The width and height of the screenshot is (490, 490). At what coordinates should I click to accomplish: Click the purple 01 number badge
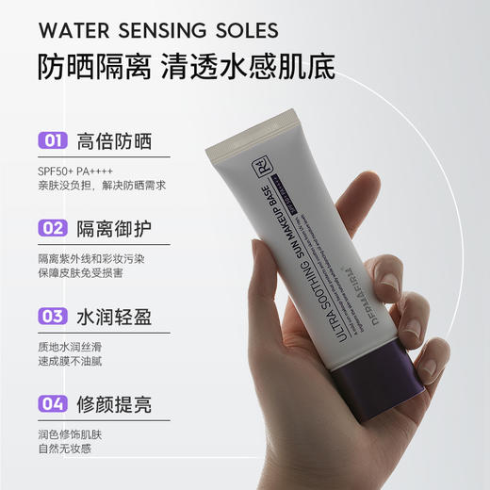(52, 142)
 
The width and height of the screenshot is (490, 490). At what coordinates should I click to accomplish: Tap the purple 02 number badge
(52, 228)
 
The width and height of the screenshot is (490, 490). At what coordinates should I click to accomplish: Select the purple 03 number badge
(52, 315)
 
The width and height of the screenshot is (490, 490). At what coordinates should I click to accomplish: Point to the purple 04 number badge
(52, 405)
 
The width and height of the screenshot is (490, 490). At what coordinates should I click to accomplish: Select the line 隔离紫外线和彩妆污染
(91, 258)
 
